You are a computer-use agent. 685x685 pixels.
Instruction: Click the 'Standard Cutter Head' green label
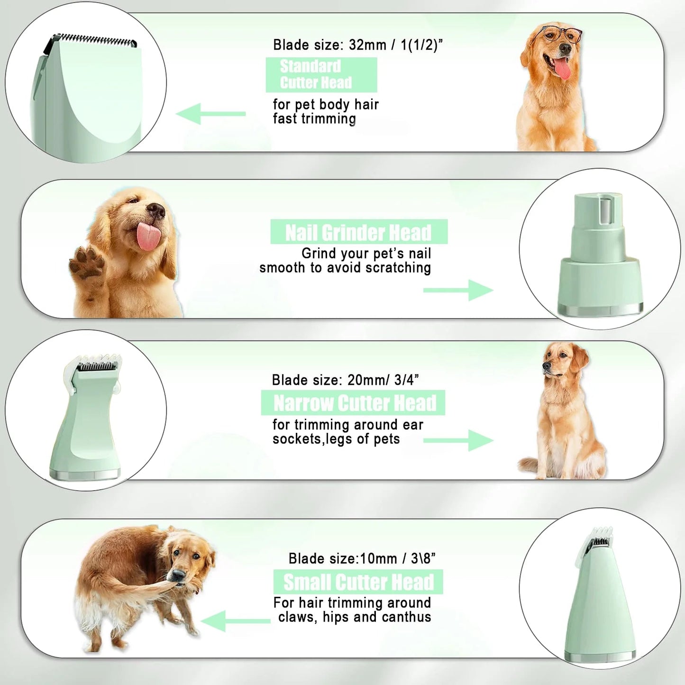(x=321, y=75)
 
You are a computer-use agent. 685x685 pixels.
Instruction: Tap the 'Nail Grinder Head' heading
(x=358, y=232)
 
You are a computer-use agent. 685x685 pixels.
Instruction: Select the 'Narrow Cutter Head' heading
(x=354, y=403)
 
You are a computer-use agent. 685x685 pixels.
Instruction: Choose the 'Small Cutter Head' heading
(x=358, y=582)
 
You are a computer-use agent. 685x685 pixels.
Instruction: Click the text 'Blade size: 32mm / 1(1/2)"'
(x=357, y=45)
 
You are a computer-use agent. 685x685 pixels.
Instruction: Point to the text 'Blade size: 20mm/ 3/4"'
(x=345, y=380)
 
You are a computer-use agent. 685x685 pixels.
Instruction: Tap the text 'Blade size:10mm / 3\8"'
(x=362, y=558)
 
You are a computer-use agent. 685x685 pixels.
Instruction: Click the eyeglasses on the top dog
(x=561, y=34)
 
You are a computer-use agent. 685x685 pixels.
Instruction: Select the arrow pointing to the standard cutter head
(x=211, y=114)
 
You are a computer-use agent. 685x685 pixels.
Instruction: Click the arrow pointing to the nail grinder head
(x=458, y=290)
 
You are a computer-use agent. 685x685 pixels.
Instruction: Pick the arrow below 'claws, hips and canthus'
(x=236, y=621)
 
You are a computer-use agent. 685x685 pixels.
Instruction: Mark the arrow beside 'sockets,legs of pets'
(x=458, y=440)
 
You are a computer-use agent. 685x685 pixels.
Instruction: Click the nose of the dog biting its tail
(x=178, y=575)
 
